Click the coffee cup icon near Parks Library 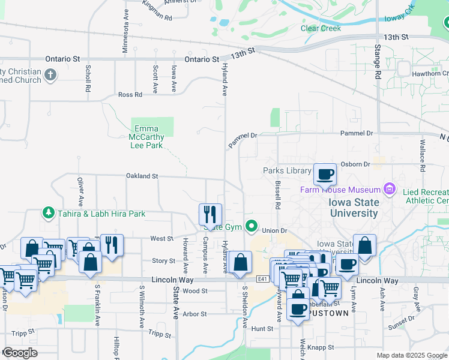click(325, 174)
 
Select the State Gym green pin click(253, 227)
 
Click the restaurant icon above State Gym click(210, 214)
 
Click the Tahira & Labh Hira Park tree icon click(49, 213)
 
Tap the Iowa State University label click(354, 208)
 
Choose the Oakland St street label click(142, 176)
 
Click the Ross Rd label click(130, 95)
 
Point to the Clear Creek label click(321, 28)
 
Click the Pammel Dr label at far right click(357, 133)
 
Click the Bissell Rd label click(278, 195)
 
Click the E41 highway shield click(262, 279)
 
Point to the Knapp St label click(322, 347)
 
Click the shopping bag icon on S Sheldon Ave click(240, 262)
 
